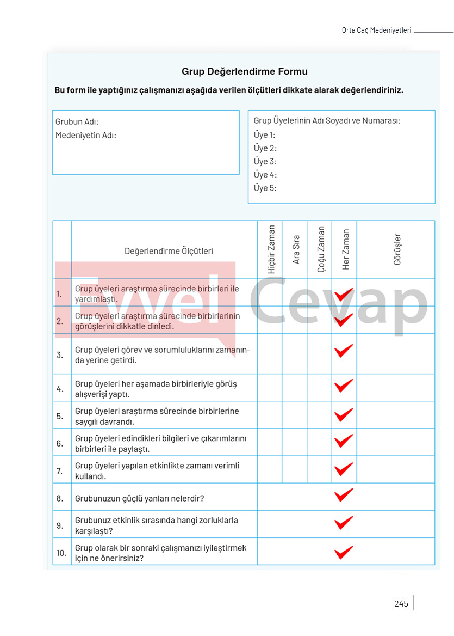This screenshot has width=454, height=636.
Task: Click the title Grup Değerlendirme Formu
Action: coord(244,72)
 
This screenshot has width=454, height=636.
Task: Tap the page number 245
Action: coord(401,603)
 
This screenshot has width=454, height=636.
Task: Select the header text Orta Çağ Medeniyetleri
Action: coord(376,30)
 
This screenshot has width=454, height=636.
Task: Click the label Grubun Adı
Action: coord(77,122)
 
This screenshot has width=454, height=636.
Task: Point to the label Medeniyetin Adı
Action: coord(86,136)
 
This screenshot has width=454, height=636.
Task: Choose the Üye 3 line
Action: coord(265,162)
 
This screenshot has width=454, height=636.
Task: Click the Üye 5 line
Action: coord(265,188)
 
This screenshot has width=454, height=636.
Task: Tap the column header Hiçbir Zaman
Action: coord(272,249)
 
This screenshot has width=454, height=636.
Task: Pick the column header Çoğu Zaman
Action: coord(321,249)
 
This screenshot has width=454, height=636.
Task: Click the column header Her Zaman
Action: coord(346,249)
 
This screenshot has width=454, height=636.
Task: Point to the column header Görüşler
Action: coord(397,249)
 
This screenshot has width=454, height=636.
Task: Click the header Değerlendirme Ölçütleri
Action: coord(169,252)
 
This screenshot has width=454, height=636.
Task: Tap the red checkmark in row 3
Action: coord(343,351)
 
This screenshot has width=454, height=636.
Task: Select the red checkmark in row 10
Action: coord(343,553)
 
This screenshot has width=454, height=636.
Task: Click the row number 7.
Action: coord(60,470)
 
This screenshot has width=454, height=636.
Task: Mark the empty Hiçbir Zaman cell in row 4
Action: coord(270,388)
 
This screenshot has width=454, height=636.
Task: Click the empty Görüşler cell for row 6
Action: coord(395,443)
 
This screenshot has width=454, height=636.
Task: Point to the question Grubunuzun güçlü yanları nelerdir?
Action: coord(139,498)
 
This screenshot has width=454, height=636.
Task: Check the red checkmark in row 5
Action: coord(343,415)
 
